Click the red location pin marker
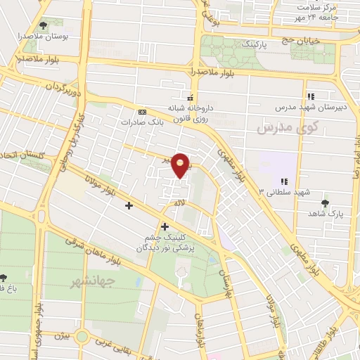[x=181, y=165]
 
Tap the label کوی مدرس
[x=288, y=128]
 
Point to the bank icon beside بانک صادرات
[x=143, y=112]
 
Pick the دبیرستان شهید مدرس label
[x=310, y=108]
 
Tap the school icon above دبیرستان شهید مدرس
[x=310, y=96]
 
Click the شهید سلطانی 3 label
[x=284, y=191]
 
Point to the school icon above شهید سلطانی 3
[x=284, y=181]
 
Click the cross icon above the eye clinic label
[x=165, y=226]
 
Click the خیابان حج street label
[x=302, y=41]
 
